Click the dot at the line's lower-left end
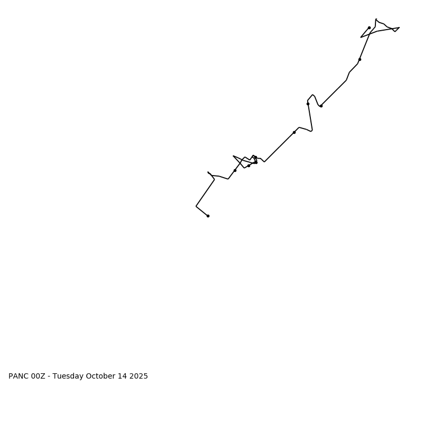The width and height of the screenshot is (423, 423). coord(208,216)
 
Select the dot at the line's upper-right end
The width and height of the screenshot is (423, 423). coord(369,27)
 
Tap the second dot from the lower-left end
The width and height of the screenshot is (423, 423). coord(235,170)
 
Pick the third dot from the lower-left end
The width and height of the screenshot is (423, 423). coord(249,165)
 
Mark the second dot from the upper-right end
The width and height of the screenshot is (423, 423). coord(360,59)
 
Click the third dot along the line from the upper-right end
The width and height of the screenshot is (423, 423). coord(321,106)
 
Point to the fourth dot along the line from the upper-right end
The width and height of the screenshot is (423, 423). coord(308,104)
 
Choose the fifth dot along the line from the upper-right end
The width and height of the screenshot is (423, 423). coord(294,132)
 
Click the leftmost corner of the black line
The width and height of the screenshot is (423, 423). coord(196,206)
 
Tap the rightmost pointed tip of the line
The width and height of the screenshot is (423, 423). coord(399,27)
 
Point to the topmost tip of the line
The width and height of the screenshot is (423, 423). coord(376,19)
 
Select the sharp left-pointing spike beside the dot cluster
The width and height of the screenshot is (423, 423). coord(233,156)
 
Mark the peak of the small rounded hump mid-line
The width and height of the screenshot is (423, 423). coord(313,95)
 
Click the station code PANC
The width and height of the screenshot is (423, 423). coord(19,376)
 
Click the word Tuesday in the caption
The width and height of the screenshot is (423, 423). coord(68,376)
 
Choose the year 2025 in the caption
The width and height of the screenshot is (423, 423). coord(139,376)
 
